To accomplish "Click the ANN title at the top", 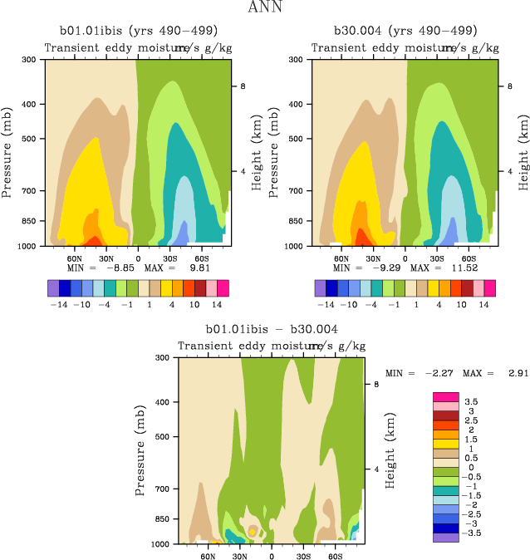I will [x=265, y=8].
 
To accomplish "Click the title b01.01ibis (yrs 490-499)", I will [x=138, y=31].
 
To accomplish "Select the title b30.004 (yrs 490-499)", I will [x=405, y=31].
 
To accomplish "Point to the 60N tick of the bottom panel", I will [x=208, y=556].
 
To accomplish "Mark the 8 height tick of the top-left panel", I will [x=242, y=86].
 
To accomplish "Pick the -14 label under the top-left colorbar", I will [x=58, y=304].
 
